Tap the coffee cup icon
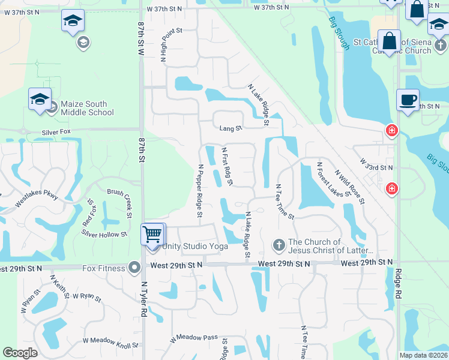(x=408, y=100)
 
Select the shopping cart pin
(x=152, y=233)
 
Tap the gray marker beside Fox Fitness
(x=134, y=267)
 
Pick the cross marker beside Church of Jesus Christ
(x=279, y=245)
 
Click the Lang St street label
(x=230, y=128)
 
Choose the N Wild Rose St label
(x=349, y=185)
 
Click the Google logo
(x=20, y=353)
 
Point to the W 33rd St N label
(x=376, y=164)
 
